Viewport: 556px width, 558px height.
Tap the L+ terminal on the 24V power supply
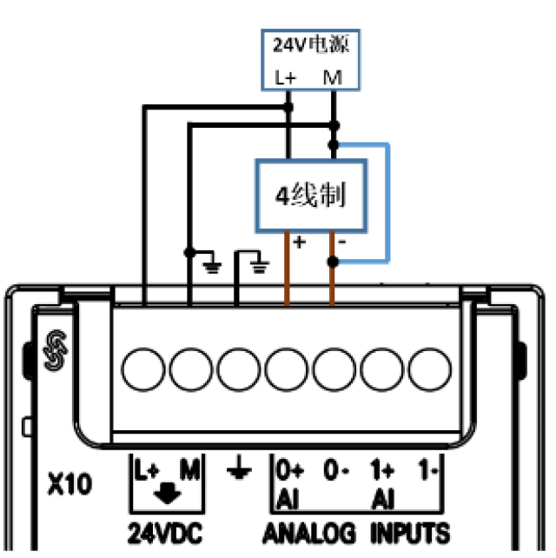(286, 77)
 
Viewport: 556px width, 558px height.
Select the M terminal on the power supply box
(333, 77)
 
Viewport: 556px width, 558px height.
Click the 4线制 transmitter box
(310, 196)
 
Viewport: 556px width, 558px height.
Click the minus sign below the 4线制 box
(343, 243)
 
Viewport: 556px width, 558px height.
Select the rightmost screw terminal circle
(432, 367)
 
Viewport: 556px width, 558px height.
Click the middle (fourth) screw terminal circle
(288, 367)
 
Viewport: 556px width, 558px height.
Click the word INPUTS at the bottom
(410, 531)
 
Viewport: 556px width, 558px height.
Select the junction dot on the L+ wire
(288, 107)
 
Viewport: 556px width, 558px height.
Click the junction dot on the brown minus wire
(333, 262)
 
